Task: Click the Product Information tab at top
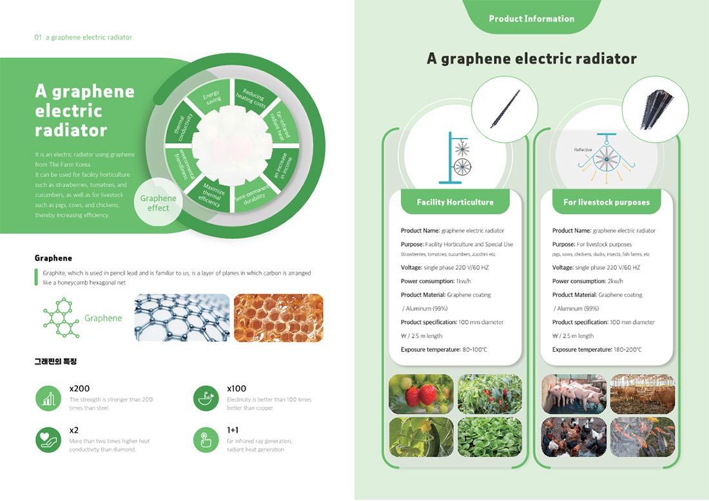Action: pyautogui.click(x=531, y=19)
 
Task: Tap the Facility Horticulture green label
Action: pyautogui.click(x=455, y=202)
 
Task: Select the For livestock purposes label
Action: pyautogui.click(x=607, y=202)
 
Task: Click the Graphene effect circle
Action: pyautogui.click(x=158, y=203)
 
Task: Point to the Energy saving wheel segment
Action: pyautogui.click(x=213, y=99)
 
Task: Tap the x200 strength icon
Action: pyautogui.click(x=48, y=399)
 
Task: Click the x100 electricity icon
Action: pyautogui.click(x=206, y=399)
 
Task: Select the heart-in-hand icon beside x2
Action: pyautogui.click(x=48, y=440)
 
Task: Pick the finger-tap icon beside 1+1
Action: pyautogui.click(x=206, y=440)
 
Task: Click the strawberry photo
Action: pyautogui.click(x=421, y=394)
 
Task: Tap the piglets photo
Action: pyautogui.click(x=574, y=394)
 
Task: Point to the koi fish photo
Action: pyautogui.click(x=642, y=437)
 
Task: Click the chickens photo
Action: pyautogui.click(x=574, y=437)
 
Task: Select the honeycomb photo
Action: pyautogui.click(x=278, y=317)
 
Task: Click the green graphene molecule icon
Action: pyautogui.click(x=61, y=318)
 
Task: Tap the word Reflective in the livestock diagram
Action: pyautogui.click(x=583, y=149)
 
